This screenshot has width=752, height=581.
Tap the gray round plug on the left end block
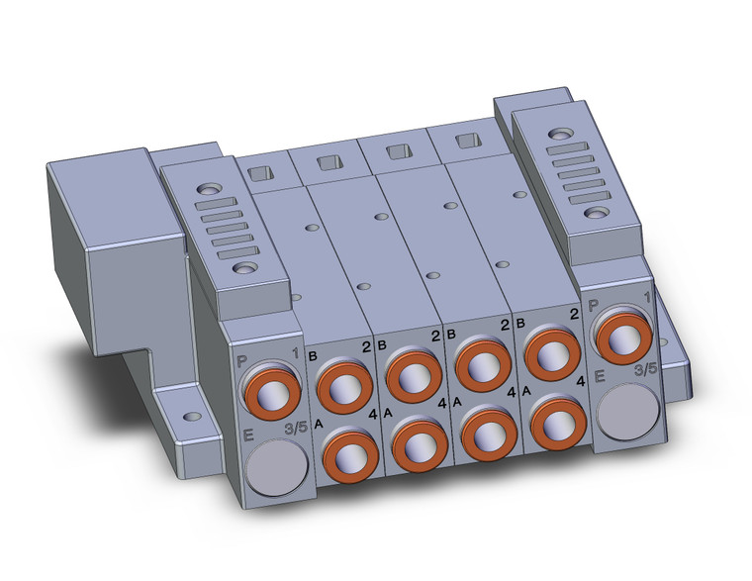pos(276,467)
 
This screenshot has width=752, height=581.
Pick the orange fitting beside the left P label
pos(270,389)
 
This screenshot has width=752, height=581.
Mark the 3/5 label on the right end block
pos(645,370)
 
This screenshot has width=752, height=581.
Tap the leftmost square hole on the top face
pos(260,173)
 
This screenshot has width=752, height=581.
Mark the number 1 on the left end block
pos(295,351)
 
